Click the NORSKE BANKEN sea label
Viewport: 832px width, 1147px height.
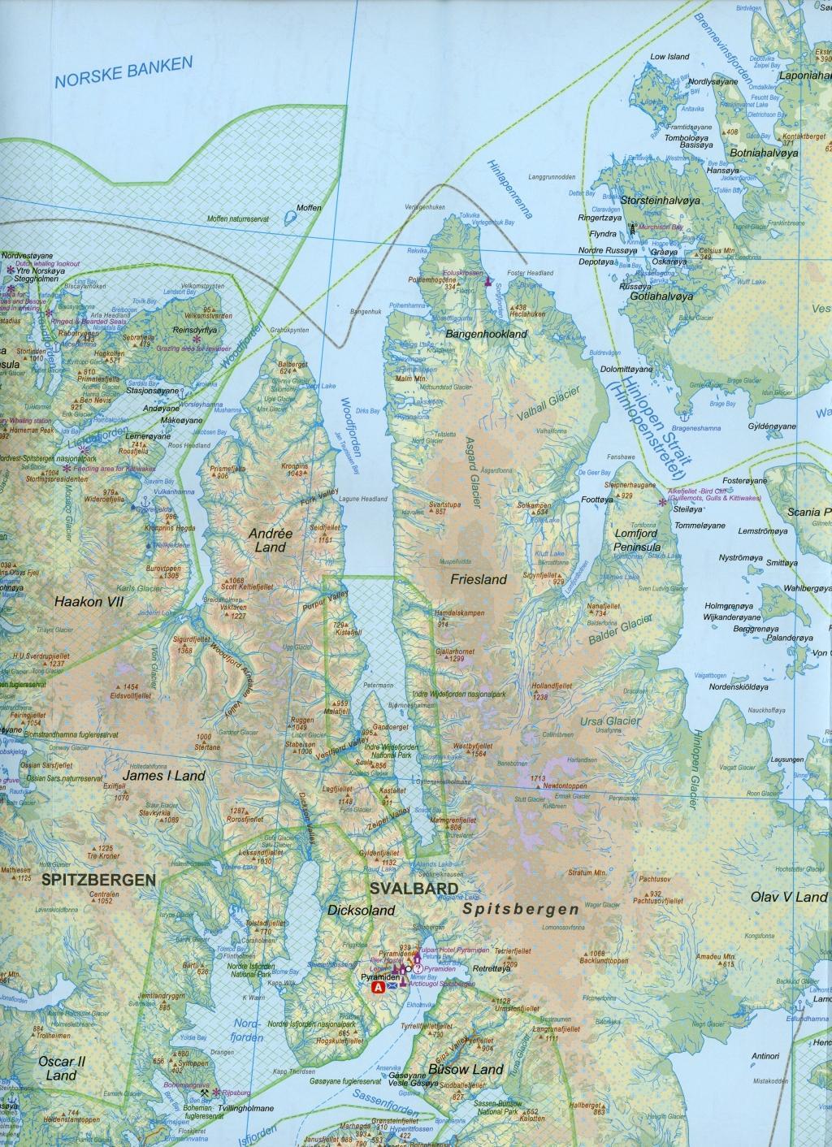122,71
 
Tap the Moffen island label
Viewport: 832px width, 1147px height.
309,208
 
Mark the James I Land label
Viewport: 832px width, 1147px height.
163,776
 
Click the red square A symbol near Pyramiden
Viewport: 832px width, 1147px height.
378,988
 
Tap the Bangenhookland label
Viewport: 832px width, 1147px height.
486,334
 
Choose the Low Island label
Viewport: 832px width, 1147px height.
669,57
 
